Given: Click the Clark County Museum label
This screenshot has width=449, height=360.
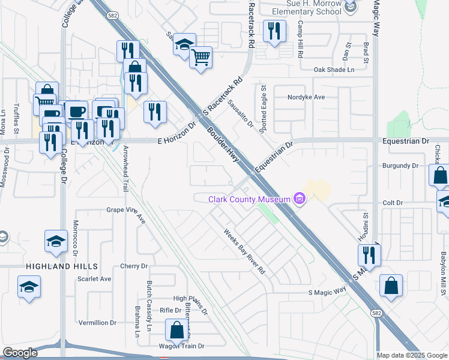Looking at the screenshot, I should (249, 199).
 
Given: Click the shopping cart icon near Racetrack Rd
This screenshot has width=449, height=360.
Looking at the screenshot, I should (201, 58).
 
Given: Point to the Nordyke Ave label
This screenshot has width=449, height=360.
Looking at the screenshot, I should (306, 97).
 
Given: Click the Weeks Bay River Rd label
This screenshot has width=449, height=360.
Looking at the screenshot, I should (245, 251).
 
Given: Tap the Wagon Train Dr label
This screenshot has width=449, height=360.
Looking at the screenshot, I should (181, 346).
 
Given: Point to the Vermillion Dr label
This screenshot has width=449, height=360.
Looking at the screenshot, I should (97, 322).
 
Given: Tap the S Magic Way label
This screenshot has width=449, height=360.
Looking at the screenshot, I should (327, 292).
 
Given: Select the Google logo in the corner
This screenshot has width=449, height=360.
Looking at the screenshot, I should (20, 353).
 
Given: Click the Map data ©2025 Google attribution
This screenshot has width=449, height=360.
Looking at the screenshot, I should (412, 355).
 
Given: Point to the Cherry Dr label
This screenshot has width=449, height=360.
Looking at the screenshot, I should (134, 266).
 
